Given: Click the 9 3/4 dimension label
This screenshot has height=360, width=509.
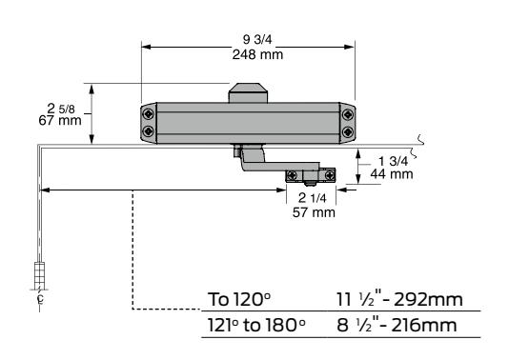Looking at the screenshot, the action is [x=257, y=40].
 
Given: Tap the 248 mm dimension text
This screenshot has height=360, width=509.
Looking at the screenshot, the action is [x=257, y=54].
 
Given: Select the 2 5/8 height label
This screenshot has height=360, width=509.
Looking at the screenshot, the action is [x=61, y=109].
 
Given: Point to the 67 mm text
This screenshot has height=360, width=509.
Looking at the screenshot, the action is [x=60, y=120].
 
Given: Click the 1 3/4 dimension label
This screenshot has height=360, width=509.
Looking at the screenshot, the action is [x=393, y=161].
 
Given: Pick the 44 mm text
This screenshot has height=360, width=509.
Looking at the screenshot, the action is [x=392, y=174].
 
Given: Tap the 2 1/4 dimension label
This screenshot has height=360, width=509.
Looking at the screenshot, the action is [x=313, y=198].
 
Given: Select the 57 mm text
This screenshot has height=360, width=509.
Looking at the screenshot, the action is [x=314, y=212].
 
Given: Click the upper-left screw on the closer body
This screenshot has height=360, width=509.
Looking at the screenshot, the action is [x=149, y=114].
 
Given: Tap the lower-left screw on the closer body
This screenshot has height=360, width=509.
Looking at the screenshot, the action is [x=149, y=131].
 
